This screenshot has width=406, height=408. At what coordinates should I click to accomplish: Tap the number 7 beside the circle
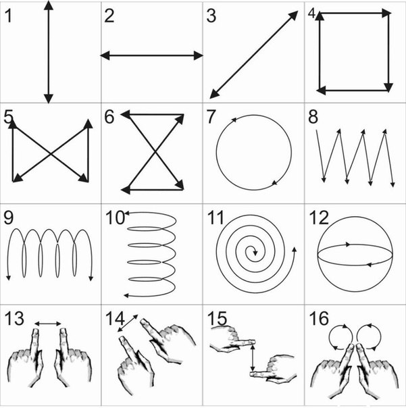coord(211,116)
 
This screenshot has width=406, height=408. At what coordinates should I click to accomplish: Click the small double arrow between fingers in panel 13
coord(48,324)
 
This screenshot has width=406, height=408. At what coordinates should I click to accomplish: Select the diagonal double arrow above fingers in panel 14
coord(128,323)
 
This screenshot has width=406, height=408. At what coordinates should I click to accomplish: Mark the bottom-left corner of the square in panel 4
coord(320,89)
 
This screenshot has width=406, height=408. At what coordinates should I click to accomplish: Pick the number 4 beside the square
coord(311,14)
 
